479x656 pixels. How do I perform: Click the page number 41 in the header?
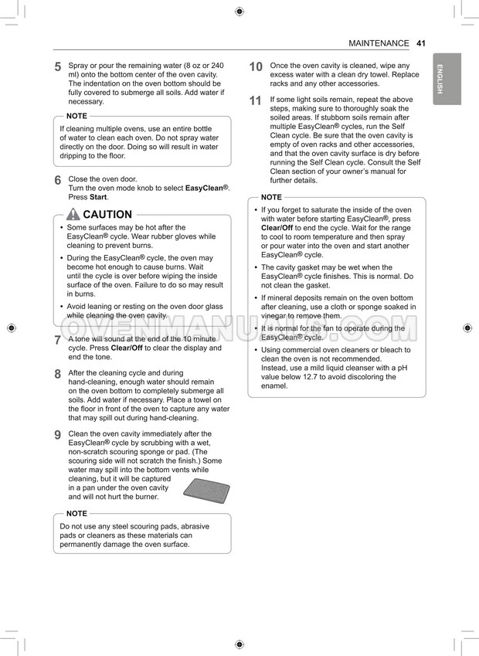click(420, 43)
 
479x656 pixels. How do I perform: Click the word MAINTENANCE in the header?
click(379, 43)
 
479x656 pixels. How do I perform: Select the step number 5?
click(58, 67)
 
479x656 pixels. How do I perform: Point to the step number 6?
click(58, 180)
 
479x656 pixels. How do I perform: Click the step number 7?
click(58, 340)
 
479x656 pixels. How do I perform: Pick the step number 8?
click(58, 374)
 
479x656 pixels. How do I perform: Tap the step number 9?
click(58, 435)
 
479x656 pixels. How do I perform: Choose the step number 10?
click(256, 67)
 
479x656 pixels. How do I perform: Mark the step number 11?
click(256, 101)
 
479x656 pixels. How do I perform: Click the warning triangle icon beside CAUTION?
click(73, 214)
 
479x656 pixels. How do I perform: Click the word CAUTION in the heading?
click(107, 215)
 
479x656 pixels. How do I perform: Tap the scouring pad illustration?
click(206, 491)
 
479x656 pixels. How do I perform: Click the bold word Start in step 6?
click(98, 197)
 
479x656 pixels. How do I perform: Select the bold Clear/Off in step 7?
click(127, 348)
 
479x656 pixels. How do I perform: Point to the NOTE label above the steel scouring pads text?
click(76, 514)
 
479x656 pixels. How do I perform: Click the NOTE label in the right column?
click(271, 198)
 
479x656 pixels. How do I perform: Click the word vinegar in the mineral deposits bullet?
click(274, 316)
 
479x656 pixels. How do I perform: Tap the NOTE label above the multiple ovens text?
click(76, 116)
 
